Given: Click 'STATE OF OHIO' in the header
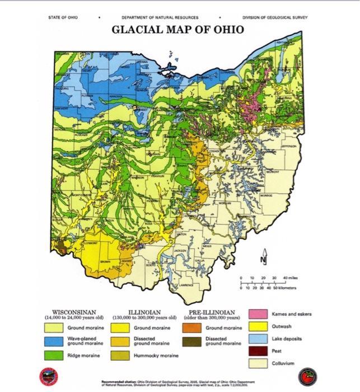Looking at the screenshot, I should coord(63,17).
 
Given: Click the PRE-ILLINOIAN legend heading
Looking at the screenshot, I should coord(212,312).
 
